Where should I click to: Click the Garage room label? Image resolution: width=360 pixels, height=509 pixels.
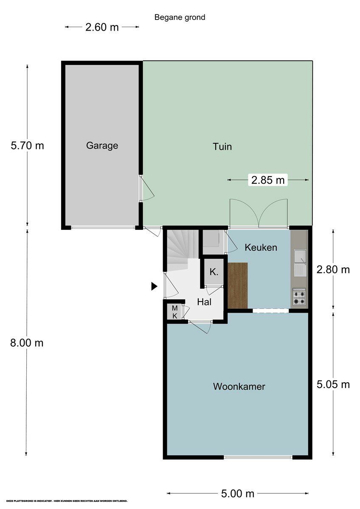pyautogui.click(x=102, y=145)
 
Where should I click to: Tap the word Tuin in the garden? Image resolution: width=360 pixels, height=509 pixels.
pyautogui.click(x=222, y=147)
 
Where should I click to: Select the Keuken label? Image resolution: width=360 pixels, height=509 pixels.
pyautogui.click(x=261, y=247)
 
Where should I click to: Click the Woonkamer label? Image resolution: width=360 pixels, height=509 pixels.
pyautogui.click(x=239, y=386)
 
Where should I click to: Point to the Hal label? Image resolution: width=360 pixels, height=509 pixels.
pyautogui.click(x=204, y=302)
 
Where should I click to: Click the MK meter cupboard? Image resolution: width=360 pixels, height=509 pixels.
pyautogui.click(x=174, y=312)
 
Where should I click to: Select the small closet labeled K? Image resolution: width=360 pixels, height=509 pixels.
pyautogui.click(x=214, y=272)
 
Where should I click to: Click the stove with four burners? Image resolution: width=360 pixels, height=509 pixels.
pyautogui.click(x=299, y=297)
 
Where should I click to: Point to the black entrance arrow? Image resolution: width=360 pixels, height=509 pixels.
pyautogui.click(x=154, y=287)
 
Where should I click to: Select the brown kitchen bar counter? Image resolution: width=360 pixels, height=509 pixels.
pyautogui.click(x=237, y=285)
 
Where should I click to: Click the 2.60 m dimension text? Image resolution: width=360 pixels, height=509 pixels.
pyautogui.click(x=102, y=28)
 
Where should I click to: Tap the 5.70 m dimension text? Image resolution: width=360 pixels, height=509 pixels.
pyautogui.click(x=27, y=145)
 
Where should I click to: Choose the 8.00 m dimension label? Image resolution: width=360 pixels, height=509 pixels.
pyautogui.click(x=27, y=343)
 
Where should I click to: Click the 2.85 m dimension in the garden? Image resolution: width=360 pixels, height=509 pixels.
pyautogui.click(x=268, y=180)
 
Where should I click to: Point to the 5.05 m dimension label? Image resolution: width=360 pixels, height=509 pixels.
pyautogui.click(x=333, y=384)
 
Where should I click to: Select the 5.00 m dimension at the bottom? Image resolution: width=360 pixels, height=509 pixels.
pyautogui.click(x=237, y=493)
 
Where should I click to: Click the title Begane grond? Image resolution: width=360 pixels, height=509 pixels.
pyautogui.click(x=180, y=17)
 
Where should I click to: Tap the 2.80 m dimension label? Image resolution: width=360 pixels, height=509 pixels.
pyautogui.click(x=333, y=269)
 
